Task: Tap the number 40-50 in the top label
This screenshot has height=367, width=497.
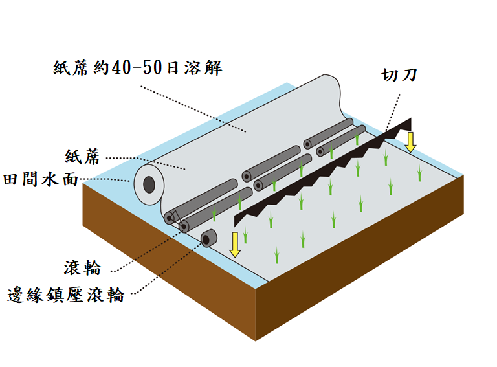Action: point(137,67)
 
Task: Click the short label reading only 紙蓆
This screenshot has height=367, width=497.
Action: point(83,156)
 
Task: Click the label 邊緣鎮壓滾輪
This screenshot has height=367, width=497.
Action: point(65,295)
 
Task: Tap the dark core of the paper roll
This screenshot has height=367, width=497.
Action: point(149,185)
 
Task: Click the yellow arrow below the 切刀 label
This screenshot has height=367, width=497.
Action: point(410,140)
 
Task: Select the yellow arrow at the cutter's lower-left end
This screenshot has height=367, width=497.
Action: point(236,242)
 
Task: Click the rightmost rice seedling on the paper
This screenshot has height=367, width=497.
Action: point(419,172)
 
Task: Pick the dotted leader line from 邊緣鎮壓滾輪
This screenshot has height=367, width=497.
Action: point(162,272)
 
